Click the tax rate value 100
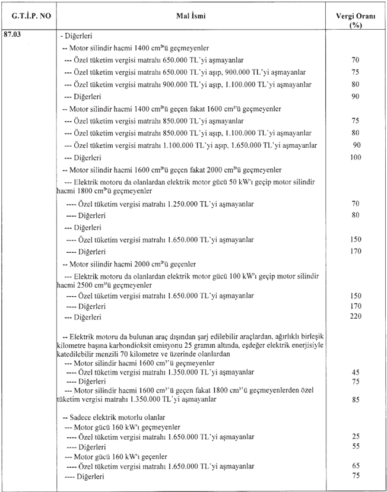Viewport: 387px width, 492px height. (x=356, y=158)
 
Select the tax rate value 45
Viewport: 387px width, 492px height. (x=356, y=372)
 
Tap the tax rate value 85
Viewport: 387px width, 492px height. (x=356, y=399)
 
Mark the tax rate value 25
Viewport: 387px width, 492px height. (x=356, y=436)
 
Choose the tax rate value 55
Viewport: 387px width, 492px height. (x=356, y=446)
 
